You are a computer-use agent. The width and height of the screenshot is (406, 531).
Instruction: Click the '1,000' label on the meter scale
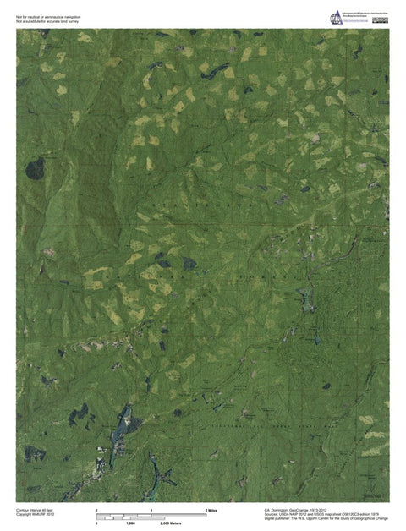130,524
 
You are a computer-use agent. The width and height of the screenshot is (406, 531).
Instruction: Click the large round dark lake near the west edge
35,170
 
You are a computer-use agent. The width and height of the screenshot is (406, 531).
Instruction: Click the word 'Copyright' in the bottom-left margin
25,516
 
